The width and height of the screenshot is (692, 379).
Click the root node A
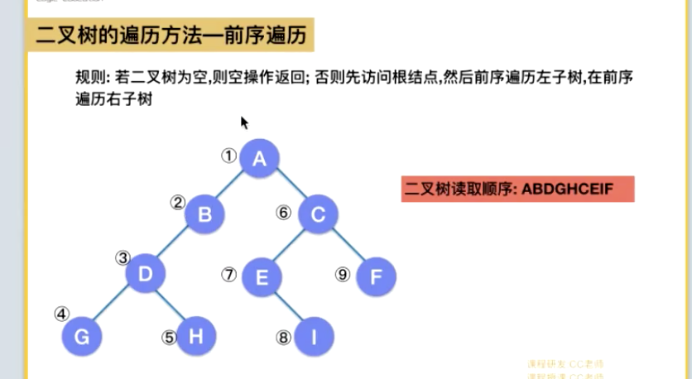coord(260,158)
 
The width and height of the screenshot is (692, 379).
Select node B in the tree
coord(205,214)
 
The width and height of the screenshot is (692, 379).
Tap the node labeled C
coord(318,214)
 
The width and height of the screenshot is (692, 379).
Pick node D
coord(146,274)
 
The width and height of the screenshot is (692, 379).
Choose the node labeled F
coord(377,276)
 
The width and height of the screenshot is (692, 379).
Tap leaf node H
coord(196,336)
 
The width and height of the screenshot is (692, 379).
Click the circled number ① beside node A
coord(228,154)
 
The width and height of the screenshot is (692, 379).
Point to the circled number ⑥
coord(284,213)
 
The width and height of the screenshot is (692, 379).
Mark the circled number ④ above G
coord(61,314)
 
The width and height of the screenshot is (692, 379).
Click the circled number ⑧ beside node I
coord(284,337)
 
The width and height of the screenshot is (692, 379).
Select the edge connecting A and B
coord(233,186)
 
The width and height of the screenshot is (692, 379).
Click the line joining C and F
coord(348,246)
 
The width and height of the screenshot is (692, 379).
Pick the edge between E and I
coord(289,307)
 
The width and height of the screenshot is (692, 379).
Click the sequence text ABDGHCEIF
coord(567,189)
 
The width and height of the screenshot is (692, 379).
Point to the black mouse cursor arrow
coord(243,122)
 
